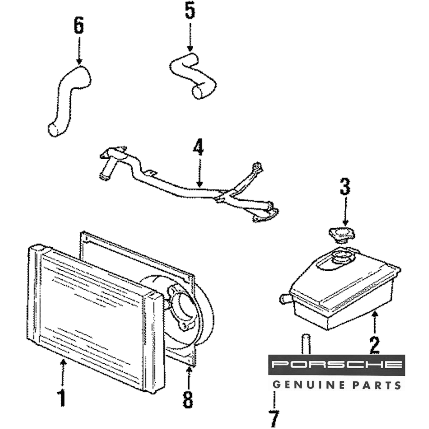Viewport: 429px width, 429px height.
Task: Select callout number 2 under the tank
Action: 375,344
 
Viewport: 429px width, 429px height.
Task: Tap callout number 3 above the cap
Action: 345,187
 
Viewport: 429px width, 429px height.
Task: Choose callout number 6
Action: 79,26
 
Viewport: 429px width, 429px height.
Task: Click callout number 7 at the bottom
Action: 274,417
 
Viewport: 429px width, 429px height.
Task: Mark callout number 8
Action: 188,400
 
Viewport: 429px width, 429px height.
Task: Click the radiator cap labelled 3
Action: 341,235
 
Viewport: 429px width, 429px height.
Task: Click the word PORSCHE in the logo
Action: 337,365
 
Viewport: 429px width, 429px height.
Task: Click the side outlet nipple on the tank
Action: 284,299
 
